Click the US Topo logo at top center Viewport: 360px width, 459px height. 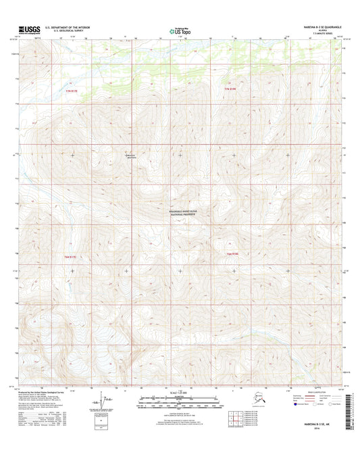(x=179, y=30)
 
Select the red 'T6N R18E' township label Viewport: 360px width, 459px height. (x=233, y=253)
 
